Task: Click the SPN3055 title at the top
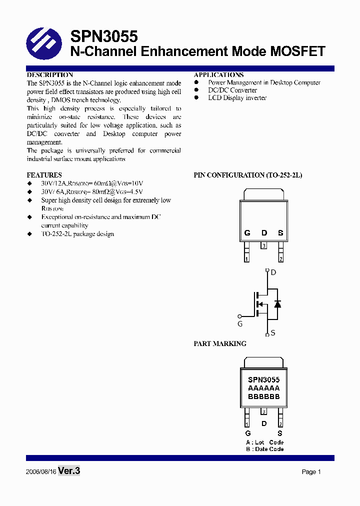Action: (103, 36)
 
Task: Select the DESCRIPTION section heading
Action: (50, 75)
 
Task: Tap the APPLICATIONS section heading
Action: (218, 75)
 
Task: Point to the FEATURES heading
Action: (44, 175)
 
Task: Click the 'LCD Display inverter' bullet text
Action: (237, 98)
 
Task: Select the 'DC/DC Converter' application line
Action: (232, 90)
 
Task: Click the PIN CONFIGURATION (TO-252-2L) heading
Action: (248, 175)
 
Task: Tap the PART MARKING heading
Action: (220, 344)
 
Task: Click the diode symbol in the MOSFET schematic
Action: (277, 303)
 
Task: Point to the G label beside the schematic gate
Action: (240, 324)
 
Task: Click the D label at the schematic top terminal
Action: (273, 272)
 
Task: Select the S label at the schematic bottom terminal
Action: (273, 333)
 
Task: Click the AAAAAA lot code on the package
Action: (263, 388)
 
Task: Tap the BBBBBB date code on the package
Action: (263, 397)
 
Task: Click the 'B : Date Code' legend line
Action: (264, 449)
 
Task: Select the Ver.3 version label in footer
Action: (69, 471)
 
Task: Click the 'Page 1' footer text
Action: (311, 472)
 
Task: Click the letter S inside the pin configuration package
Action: (280, 233)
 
